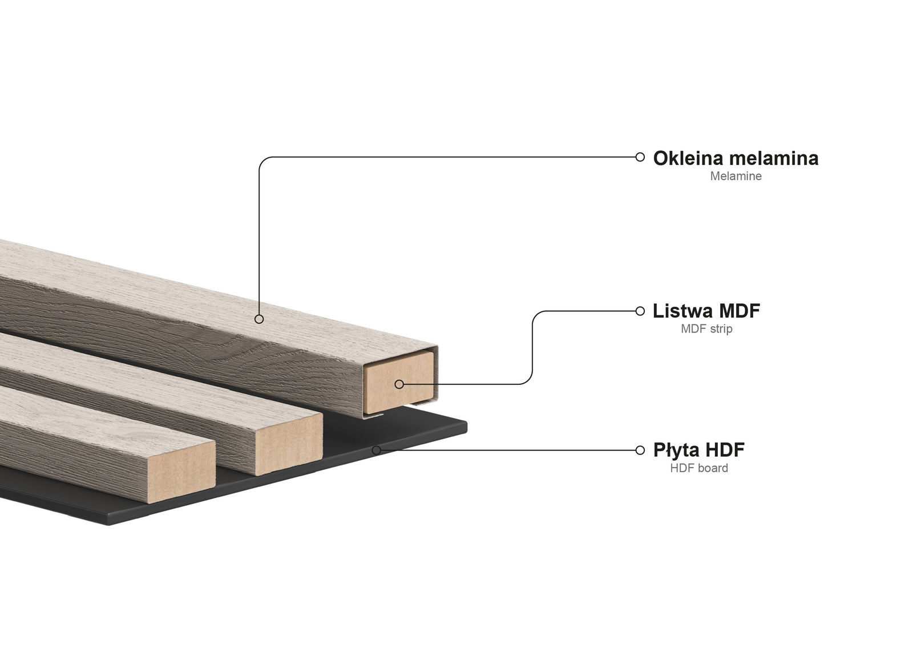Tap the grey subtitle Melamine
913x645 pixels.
tap(736, 176)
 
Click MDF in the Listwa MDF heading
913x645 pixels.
tap(740, 311)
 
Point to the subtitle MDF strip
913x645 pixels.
tap(706, 329)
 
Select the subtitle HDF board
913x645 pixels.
tap(699, 468)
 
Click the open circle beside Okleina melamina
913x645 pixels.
tap(640, 157)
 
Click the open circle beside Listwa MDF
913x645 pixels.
tap(640, 311)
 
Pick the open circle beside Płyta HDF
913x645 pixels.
tap(640, 450)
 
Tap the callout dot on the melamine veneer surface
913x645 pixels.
tap(259, 319)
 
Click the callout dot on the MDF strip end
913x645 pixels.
tap(399, 384)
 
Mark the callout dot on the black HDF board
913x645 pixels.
tap(377, 450)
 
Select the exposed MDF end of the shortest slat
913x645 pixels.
tap(180, 471)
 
